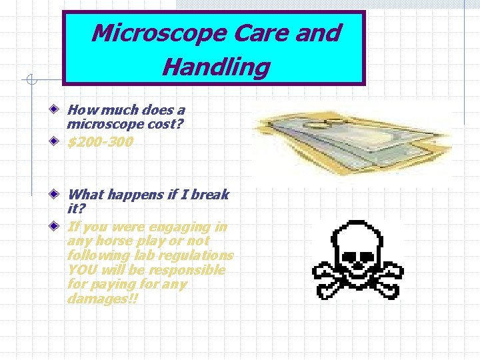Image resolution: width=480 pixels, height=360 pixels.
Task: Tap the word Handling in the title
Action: pyautogui.click(x=216, y=67)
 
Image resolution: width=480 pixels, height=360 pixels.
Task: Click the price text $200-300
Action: pyautogui.click(x=100, y=142)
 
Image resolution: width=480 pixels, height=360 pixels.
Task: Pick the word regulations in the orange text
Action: pyautogui.click(x=201, y=256)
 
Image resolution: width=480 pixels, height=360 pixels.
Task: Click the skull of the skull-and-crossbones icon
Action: pyautogui.click(x=358, y=243)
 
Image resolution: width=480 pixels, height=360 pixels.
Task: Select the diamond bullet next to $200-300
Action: pyautogui.click(x=59, y=141)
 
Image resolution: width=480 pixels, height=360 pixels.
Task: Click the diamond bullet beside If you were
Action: pyautogui.click(x=59, y=227)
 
